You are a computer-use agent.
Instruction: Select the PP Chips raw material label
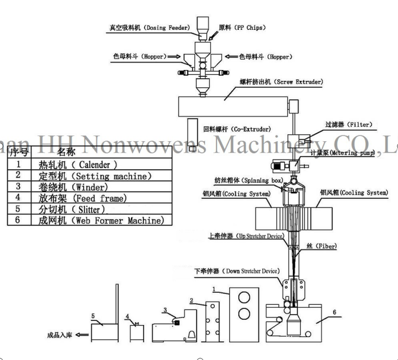[x=235, y=27]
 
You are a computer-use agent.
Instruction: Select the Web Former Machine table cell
[x=100, y=220]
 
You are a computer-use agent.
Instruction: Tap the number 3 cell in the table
[x=18, y=187]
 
